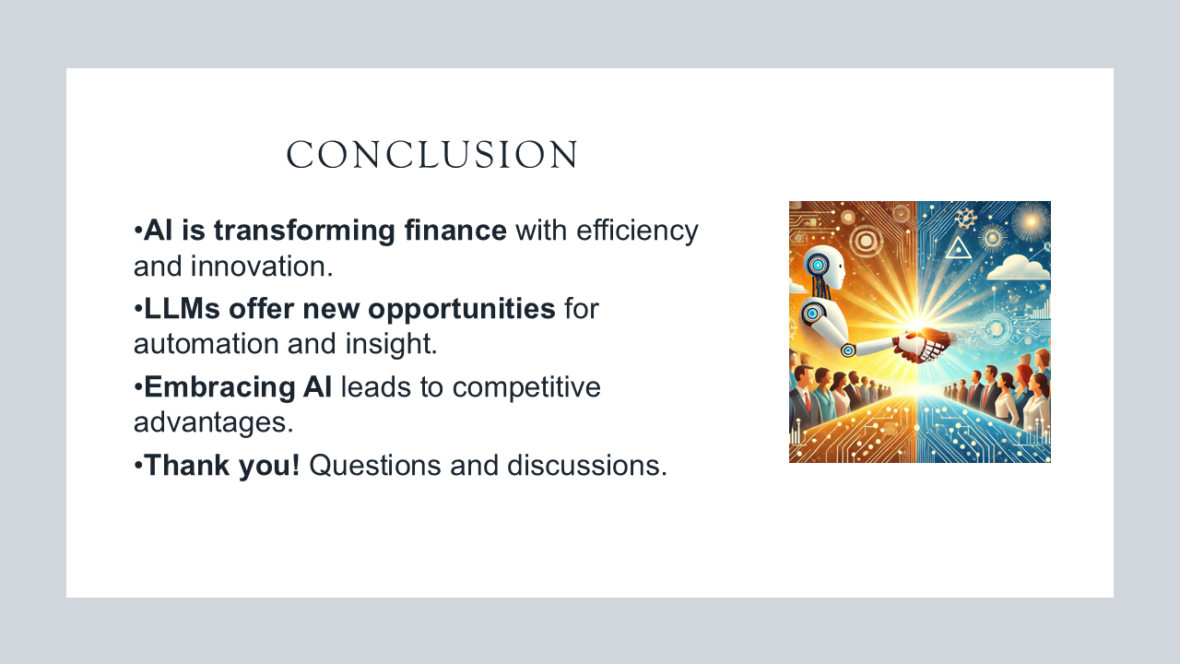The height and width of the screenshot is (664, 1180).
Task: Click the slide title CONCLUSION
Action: tap(432, 154)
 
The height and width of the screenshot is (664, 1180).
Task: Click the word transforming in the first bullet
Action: tap(304, 231)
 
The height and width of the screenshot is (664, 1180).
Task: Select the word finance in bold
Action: tap(455, 231)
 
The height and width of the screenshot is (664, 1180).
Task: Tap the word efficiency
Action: tap(637, 231)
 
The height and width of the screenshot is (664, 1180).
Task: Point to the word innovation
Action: tap(261, 267)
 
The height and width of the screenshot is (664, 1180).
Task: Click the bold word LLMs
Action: tap(182, 308)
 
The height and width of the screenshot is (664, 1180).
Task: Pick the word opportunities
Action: tap(462, 309)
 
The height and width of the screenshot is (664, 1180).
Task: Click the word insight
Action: tap(392, 344)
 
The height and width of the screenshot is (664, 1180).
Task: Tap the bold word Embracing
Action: tap(218, 387)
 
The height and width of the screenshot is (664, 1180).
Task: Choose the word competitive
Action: tap(526, 387)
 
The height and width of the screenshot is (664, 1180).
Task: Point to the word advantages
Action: tap(213, 422)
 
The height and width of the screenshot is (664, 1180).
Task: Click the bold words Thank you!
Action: tap(222, 466)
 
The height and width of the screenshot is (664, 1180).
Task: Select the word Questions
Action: tap(374, 466)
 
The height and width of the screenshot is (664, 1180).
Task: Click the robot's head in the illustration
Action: tap(823, 267)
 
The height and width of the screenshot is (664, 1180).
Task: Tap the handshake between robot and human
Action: tap(923, 345)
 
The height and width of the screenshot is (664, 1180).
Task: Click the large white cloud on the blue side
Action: tap(1018, 267)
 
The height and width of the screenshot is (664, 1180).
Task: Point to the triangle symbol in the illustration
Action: tap(958, 248)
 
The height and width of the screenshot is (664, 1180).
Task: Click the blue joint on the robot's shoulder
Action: tap(812, 313)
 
